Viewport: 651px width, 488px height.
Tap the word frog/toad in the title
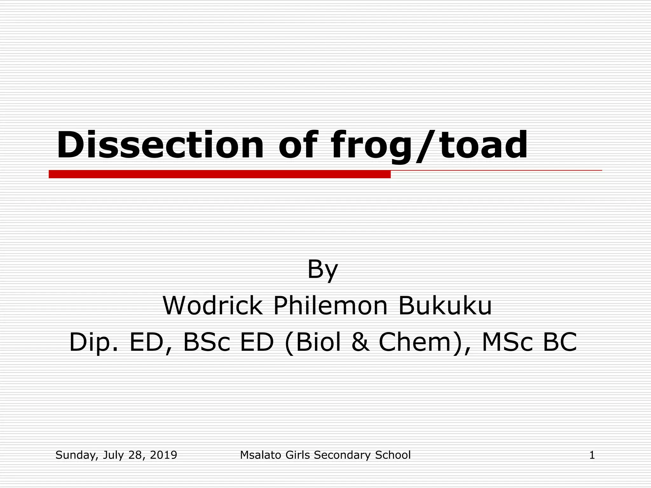429,146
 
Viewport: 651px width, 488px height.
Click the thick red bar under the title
219,174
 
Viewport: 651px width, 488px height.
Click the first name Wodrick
213,306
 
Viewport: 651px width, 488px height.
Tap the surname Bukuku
445,306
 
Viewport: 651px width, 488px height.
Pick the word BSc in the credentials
207,342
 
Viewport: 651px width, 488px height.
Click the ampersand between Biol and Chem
361,342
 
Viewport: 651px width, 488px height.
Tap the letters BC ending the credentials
560,342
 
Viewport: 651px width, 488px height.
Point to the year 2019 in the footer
163,455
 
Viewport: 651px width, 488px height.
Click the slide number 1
592,455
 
